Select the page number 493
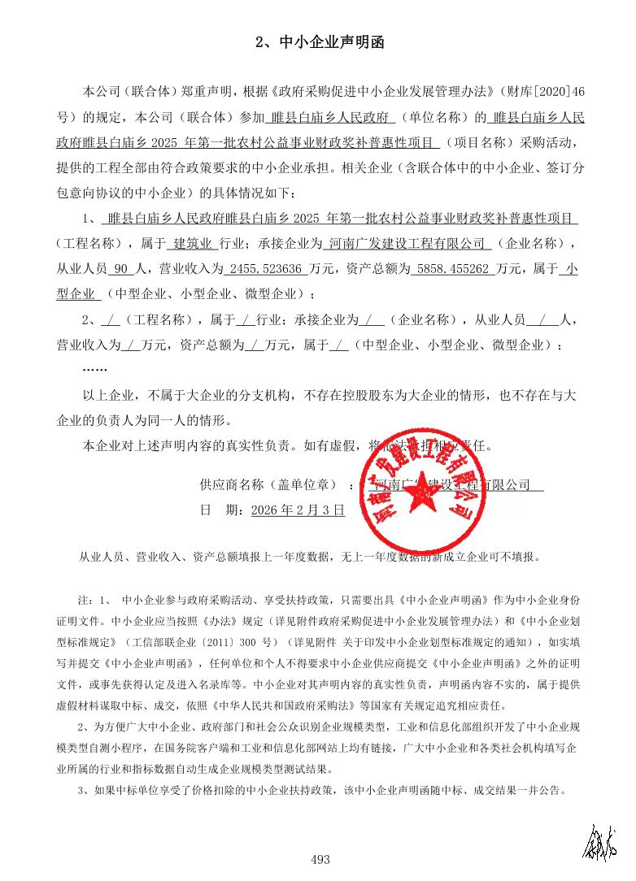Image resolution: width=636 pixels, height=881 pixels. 320,859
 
